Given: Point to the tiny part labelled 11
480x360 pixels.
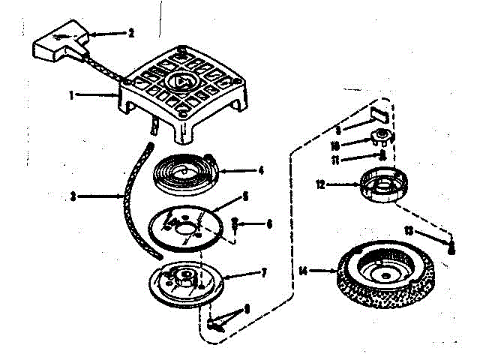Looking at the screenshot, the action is click(382, 156).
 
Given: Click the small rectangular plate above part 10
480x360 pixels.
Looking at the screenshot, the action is click(379, 112).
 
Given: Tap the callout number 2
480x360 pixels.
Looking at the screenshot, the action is click(130, 32).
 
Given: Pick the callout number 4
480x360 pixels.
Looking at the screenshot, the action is click(260, 169).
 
